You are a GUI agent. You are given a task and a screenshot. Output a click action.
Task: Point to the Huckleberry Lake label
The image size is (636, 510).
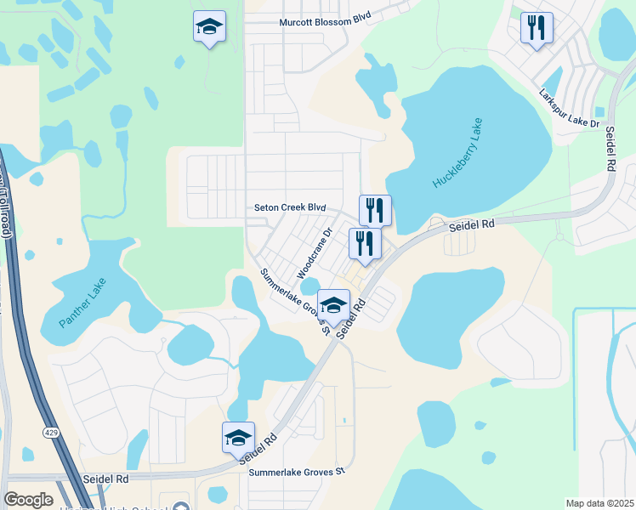coord(457,154)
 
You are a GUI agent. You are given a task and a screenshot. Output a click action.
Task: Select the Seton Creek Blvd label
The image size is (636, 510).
coord(291,207)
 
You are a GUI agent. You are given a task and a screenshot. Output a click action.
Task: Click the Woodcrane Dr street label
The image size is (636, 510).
coord(314,252)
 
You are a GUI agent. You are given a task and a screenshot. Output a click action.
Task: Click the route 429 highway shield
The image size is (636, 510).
coord(52,433)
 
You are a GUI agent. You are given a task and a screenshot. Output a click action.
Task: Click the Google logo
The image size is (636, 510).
coord(29,499)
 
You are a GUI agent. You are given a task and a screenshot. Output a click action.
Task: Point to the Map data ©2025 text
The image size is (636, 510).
coord(599,503)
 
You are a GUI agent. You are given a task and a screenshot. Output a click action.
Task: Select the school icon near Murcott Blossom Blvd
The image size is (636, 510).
coord(209,27)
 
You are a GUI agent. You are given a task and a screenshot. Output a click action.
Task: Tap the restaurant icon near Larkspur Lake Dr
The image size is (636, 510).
coord(537,28)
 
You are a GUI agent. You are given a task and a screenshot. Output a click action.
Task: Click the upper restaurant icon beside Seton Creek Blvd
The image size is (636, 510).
coord(375,209)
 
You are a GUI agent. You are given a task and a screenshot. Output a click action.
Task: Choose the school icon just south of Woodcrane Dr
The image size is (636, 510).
coord(333,305)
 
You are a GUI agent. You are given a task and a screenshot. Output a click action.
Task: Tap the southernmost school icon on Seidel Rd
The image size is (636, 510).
coord(239,437)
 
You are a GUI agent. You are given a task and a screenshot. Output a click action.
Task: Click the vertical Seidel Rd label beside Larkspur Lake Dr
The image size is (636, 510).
coord(610,150)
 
